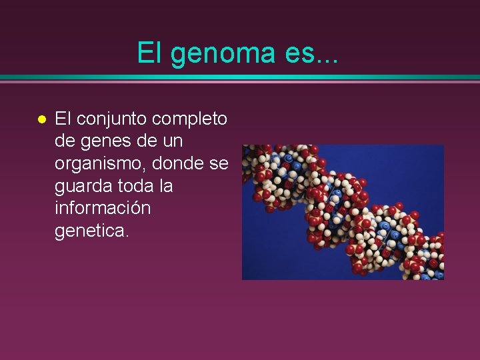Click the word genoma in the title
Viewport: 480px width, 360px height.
pos(223,52)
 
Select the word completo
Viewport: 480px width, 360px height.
pos(190,119)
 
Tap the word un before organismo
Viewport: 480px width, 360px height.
pos(171,142)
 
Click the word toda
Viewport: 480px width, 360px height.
pos(131,186)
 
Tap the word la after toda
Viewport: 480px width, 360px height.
pos(165,186)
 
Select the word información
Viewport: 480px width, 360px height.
pos(103,208)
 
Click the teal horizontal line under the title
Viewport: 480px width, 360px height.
pos(240,77)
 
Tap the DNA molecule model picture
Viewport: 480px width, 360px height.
pos(343,212)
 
